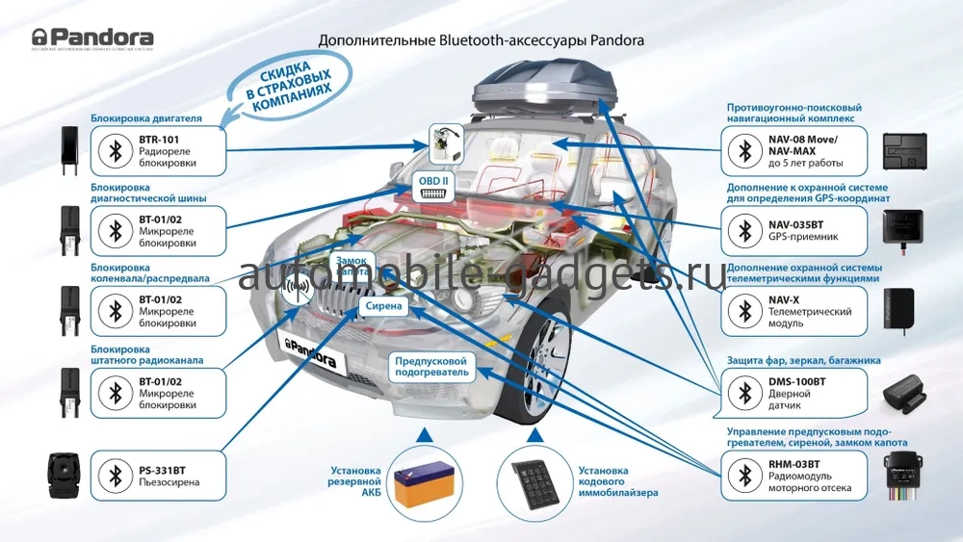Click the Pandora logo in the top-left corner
[92, 39]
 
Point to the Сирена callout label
[383, 306]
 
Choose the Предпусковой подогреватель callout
[431, 367]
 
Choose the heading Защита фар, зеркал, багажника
[804, 360]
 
